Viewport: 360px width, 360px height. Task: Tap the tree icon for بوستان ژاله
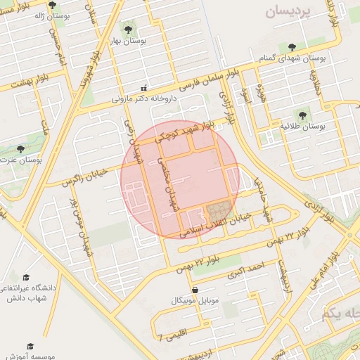point(52,6)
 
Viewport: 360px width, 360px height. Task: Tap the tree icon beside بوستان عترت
point(20,149)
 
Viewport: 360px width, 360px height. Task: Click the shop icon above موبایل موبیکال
point(195,289)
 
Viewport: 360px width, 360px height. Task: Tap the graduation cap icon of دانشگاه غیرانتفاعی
point(26,277)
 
